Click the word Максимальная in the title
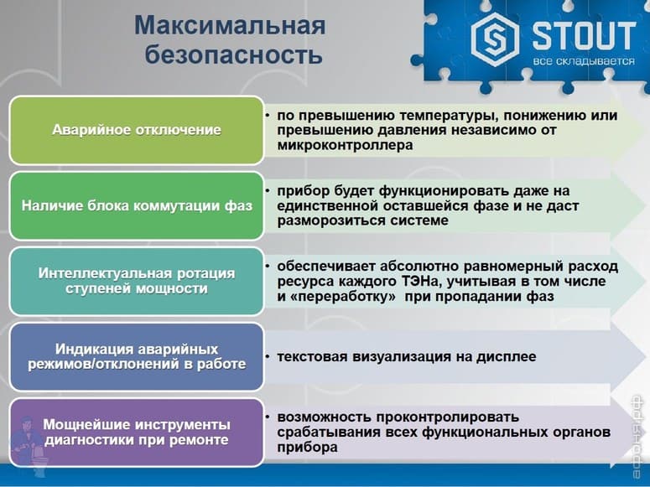[x=230, y=25]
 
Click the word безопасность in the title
[x=232, y=55]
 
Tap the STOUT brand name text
[x=584, y=35]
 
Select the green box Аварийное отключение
[x=137, y=130]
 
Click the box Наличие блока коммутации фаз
[x=137, y=205]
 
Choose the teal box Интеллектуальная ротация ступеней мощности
[x=137, y=281]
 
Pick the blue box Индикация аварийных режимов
[x=137, y=356]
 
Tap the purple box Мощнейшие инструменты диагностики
[x=137, y=432]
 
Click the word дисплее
[x=510, y=356]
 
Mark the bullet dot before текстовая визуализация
[x=266, y=356]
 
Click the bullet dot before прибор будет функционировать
[x=266, y=190]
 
